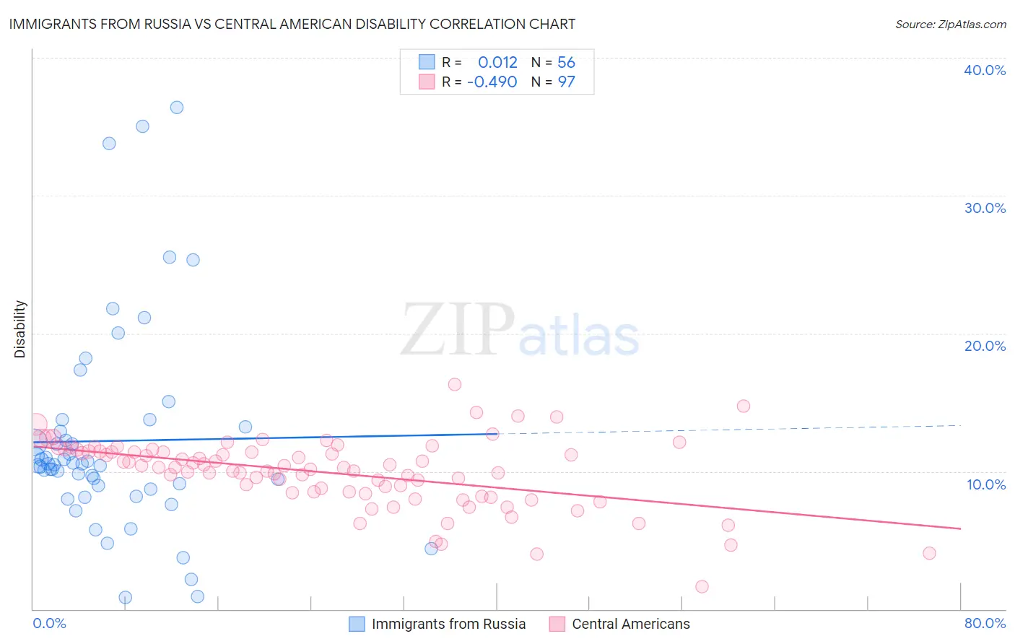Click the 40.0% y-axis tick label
pos(984,70)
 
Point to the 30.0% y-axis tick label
pos(984,208)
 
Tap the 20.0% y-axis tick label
pos(984,346)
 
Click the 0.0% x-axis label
pos(49,623)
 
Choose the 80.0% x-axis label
pos(984,623)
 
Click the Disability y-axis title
pos(20,329)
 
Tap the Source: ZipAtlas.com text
pos(950,24)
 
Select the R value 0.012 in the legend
pos(497,62)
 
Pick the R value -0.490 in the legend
pos(492,82)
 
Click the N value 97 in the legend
pos(566,82)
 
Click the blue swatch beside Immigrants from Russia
pos(357,624)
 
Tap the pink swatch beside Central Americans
pos(557,624)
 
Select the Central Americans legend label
pos(630,624)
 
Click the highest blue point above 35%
pos(177,108)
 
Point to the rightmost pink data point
pos(929,553)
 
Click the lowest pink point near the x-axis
pos(702,586)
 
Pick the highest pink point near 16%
pos(455,384)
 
